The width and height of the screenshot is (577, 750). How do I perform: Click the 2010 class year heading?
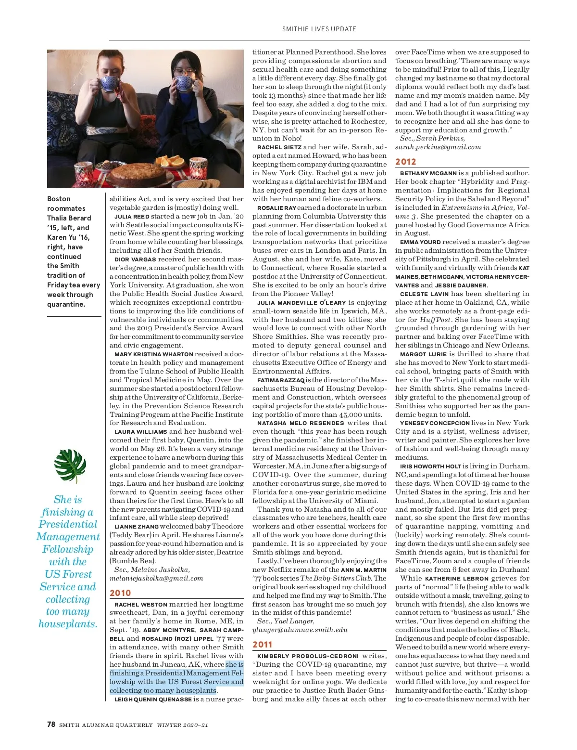tap(120, 593)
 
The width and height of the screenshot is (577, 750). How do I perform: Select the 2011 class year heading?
tap(263, 645)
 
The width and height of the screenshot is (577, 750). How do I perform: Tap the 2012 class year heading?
tap(405, 162)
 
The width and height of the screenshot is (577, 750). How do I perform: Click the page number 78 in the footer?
tap(51, 724)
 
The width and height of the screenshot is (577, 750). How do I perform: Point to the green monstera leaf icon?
tap(70, 466)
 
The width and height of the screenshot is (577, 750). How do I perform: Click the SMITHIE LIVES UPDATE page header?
tap(319, 29)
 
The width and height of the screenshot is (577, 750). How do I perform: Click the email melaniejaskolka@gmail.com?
tap(156, 578)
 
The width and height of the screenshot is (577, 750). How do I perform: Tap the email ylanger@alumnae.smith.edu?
tap(300, 630)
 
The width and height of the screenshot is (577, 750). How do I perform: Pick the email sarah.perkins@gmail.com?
tap(438, 147)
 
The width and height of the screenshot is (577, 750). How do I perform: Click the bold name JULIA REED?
tap(132, 217)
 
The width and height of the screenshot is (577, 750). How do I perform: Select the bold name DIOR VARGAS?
tap(135, 259)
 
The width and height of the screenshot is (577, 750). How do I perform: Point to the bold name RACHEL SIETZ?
tap(279, 147)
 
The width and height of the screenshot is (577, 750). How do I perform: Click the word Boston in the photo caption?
tap(59, 199)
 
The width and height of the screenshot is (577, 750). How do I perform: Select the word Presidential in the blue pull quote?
tap(68, 524)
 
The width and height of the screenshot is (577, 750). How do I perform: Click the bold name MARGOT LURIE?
tap(416, 354)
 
